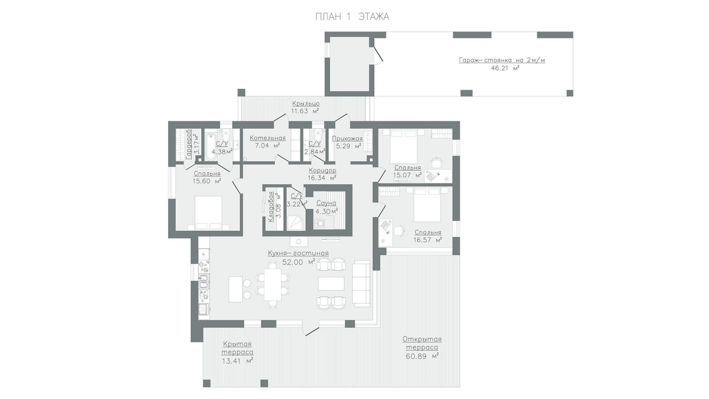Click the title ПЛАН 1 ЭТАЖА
tap(352, 17)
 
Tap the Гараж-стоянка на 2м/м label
tap(502, 60)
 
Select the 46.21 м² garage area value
tap(505, 68)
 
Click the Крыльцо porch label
tap(306, 104)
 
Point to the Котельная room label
tap(268, 138)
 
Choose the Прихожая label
tap(347, 138)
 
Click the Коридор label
tap(322, 170)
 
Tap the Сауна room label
tap(326, 203)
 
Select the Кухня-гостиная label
tap(298, 253)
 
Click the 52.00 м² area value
tap(299, 262)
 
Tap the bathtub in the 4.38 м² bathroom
tap(210, 148)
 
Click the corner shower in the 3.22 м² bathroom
tap(296, 222)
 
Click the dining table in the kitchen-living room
tap(273, 285)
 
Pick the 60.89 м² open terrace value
tap(422, 356)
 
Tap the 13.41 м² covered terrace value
tap(238, 361)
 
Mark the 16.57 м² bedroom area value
tap(428, 240)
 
